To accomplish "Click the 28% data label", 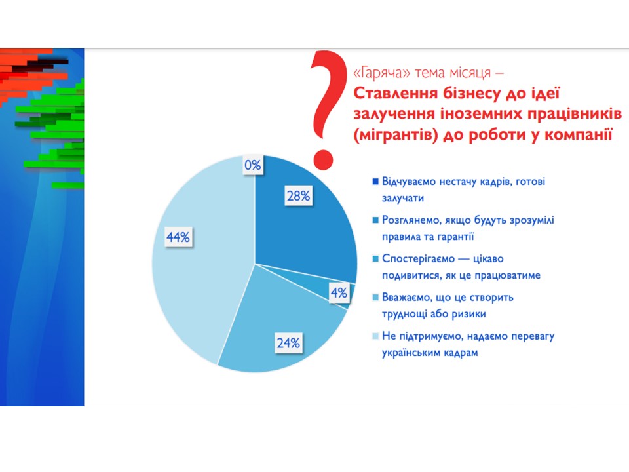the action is tap(299, 196).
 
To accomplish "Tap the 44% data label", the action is tap(178, 237).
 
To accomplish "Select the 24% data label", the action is tap(288, 343).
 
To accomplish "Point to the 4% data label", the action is tap(339, 292).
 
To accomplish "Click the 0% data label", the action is tap(253, 165).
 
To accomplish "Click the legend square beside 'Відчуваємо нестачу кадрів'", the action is tap(375, 182).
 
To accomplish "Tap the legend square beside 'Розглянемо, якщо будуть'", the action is tap(375, 220).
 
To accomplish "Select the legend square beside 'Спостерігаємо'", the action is tap(375, 258).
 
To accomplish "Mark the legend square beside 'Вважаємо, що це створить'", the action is tap(375, 297).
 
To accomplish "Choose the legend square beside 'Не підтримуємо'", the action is tap(375, 336).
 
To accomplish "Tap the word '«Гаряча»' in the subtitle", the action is tap(381, 73).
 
